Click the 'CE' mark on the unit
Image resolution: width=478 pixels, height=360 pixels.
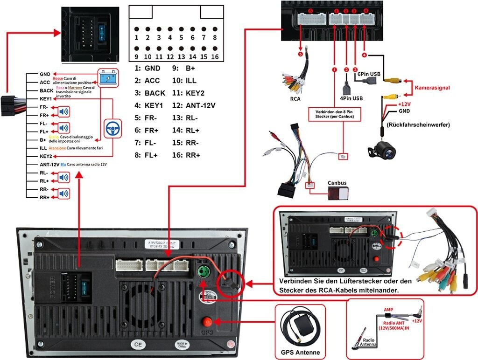pos(137,345)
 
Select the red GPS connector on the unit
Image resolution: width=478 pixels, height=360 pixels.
pos(205,321)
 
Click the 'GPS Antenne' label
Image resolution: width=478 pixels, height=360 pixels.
pos(300,352)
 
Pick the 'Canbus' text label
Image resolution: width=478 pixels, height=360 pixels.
pos(337,183)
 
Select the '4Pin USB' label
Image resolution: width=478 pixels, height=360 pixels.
pos(351,98)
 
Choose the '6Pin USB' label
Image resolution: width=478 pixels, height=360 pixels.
pos(369,73)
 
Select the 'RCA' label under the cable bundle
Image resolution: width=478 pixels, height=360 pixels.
pos(295,98)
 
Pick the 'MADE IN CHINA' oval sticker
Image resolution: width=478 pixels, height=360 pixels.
pos(182,345)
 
